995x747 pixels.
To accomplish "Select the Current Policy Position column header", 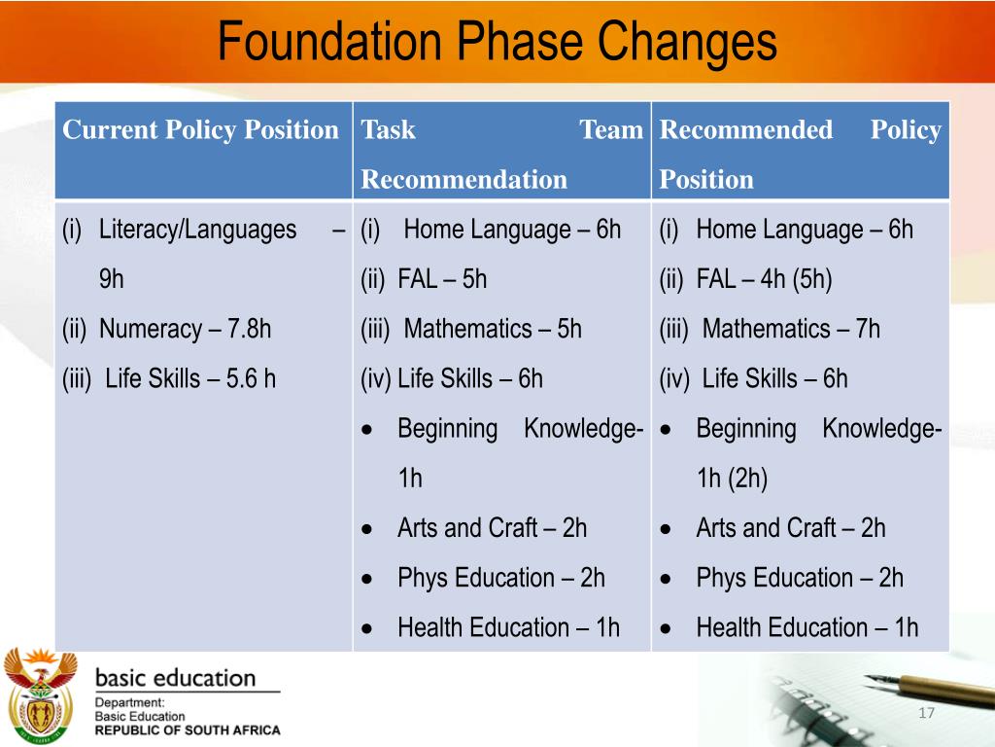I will [200, 130].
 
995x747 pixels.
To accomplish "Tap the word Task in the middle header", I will [388, 130].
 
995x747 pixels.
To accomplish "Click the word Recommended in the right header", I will [745, 130].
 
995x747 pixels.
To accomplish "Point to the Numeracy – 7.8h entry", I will [185, 329].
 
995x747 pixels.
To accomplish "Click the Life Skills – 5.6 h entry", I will [189, 378].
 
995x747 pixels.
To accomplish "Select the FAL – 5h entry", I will [441, 279].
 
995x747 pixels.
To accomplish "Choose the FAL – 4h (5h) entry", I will [764, 279].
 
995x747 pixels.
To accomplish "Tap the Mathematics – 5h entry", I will [492, 329].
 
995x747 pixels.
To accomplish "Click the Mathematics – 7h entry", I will [790, 329].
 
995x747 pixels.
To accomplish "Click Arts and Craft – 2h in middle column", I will [492, 528].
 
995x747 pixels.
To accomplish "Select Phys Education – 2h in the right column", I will [799, 578].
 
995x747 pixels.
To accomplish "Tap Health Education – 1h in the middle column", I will [507, 627].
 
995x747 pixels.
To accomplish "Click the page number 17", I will [925, 715].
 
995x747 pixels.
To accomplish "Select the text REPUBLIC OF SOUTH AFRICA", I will [187, 730].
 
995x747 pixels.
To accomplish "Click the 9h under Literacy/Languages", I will [112, 279].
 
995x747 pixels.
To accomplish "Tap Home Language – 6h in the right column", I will [805, 230].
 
